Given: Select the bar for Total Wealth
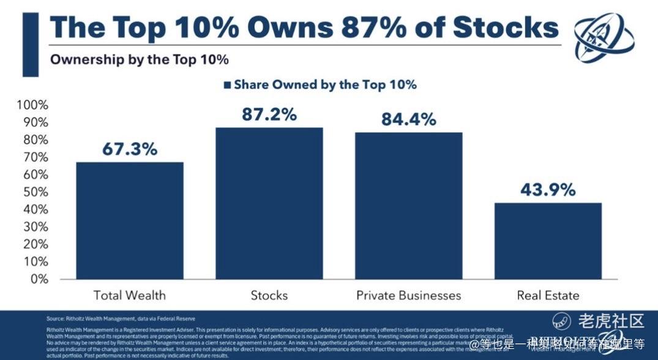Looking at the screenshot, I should [x=129, y=221].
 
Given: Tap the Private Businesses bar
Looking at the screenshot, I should [x=408, y=206].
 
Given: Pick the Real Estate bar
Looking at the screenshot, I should [x=548, y=241].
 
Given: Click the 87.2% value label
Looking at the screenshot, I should [x=269, y=114].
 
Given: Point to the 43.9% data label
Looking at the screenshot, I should [x=548, y=190].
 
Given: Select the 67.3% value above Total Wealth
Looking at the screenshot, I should [x=129, y=149].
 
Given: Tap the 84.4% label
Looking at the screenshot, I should [x=408, y=119].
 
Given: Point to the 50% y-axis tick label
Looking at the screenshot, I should [x=35, y=192].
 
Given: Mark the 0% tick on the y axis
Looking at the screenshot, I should [x=39, y=279].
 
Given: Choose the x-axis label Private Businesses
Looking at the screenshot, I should [x=408, y=295].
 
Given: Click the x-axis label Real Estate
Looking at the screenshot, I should [x=548, y=295].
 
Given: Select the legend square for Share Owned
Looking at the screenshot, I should [x=228, y=85].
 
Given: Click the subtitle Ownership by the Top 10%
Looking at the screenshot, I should [x=139, y=59].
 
